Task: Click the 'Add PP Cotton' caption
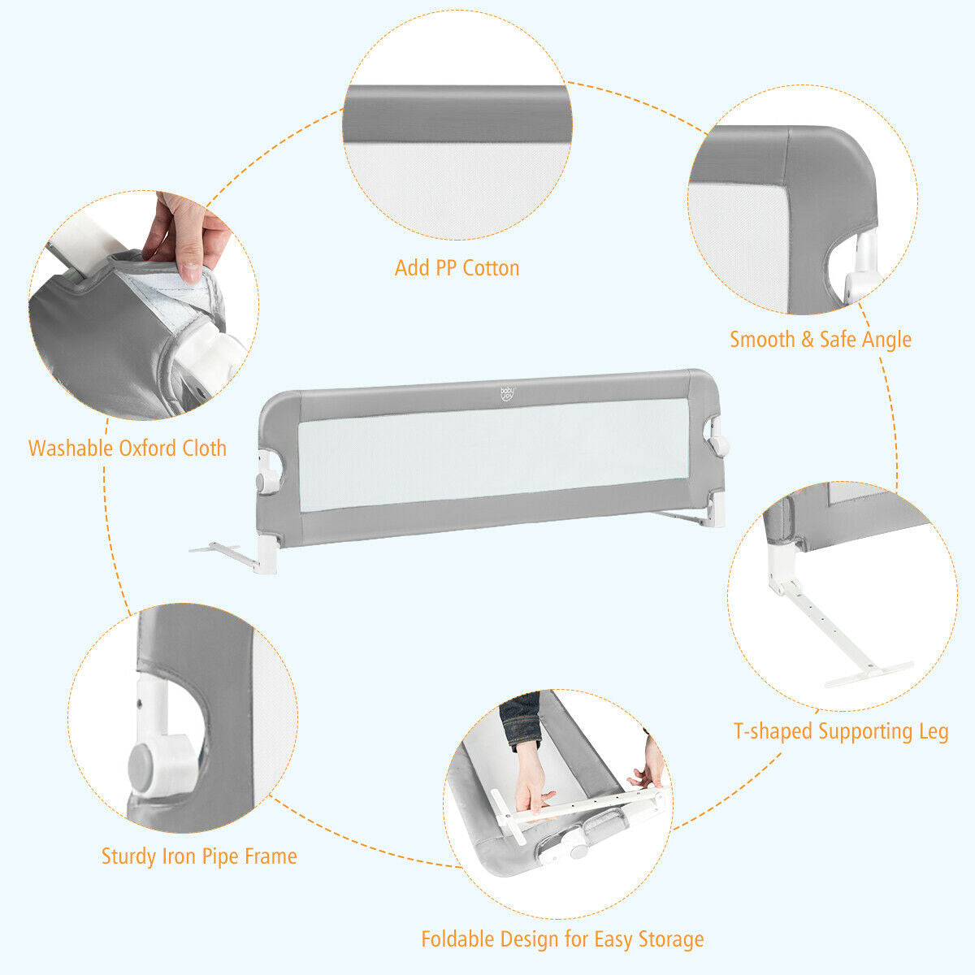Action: click(457, 268)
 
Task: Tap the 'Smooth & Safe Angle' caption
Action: click(820, 339)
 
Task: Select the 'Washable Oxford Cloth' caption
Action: click(128, 448)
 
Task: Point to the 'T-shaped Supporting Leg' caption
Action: click(841, 731)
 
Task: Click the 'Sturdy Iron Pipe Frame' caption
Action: click(199, 856)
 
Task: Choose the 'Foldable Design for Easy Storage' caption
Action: click(562, 939)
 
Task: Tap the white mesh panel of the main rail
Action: click(487, 459)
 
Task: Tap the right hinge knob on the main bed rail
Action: click(718, 444)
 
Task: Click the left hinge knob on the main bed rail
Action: click(264, 481)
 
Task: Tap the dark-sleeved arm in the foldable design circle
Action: click(520, 719)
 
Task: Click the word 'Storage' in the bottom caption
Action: click(666, 939)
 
